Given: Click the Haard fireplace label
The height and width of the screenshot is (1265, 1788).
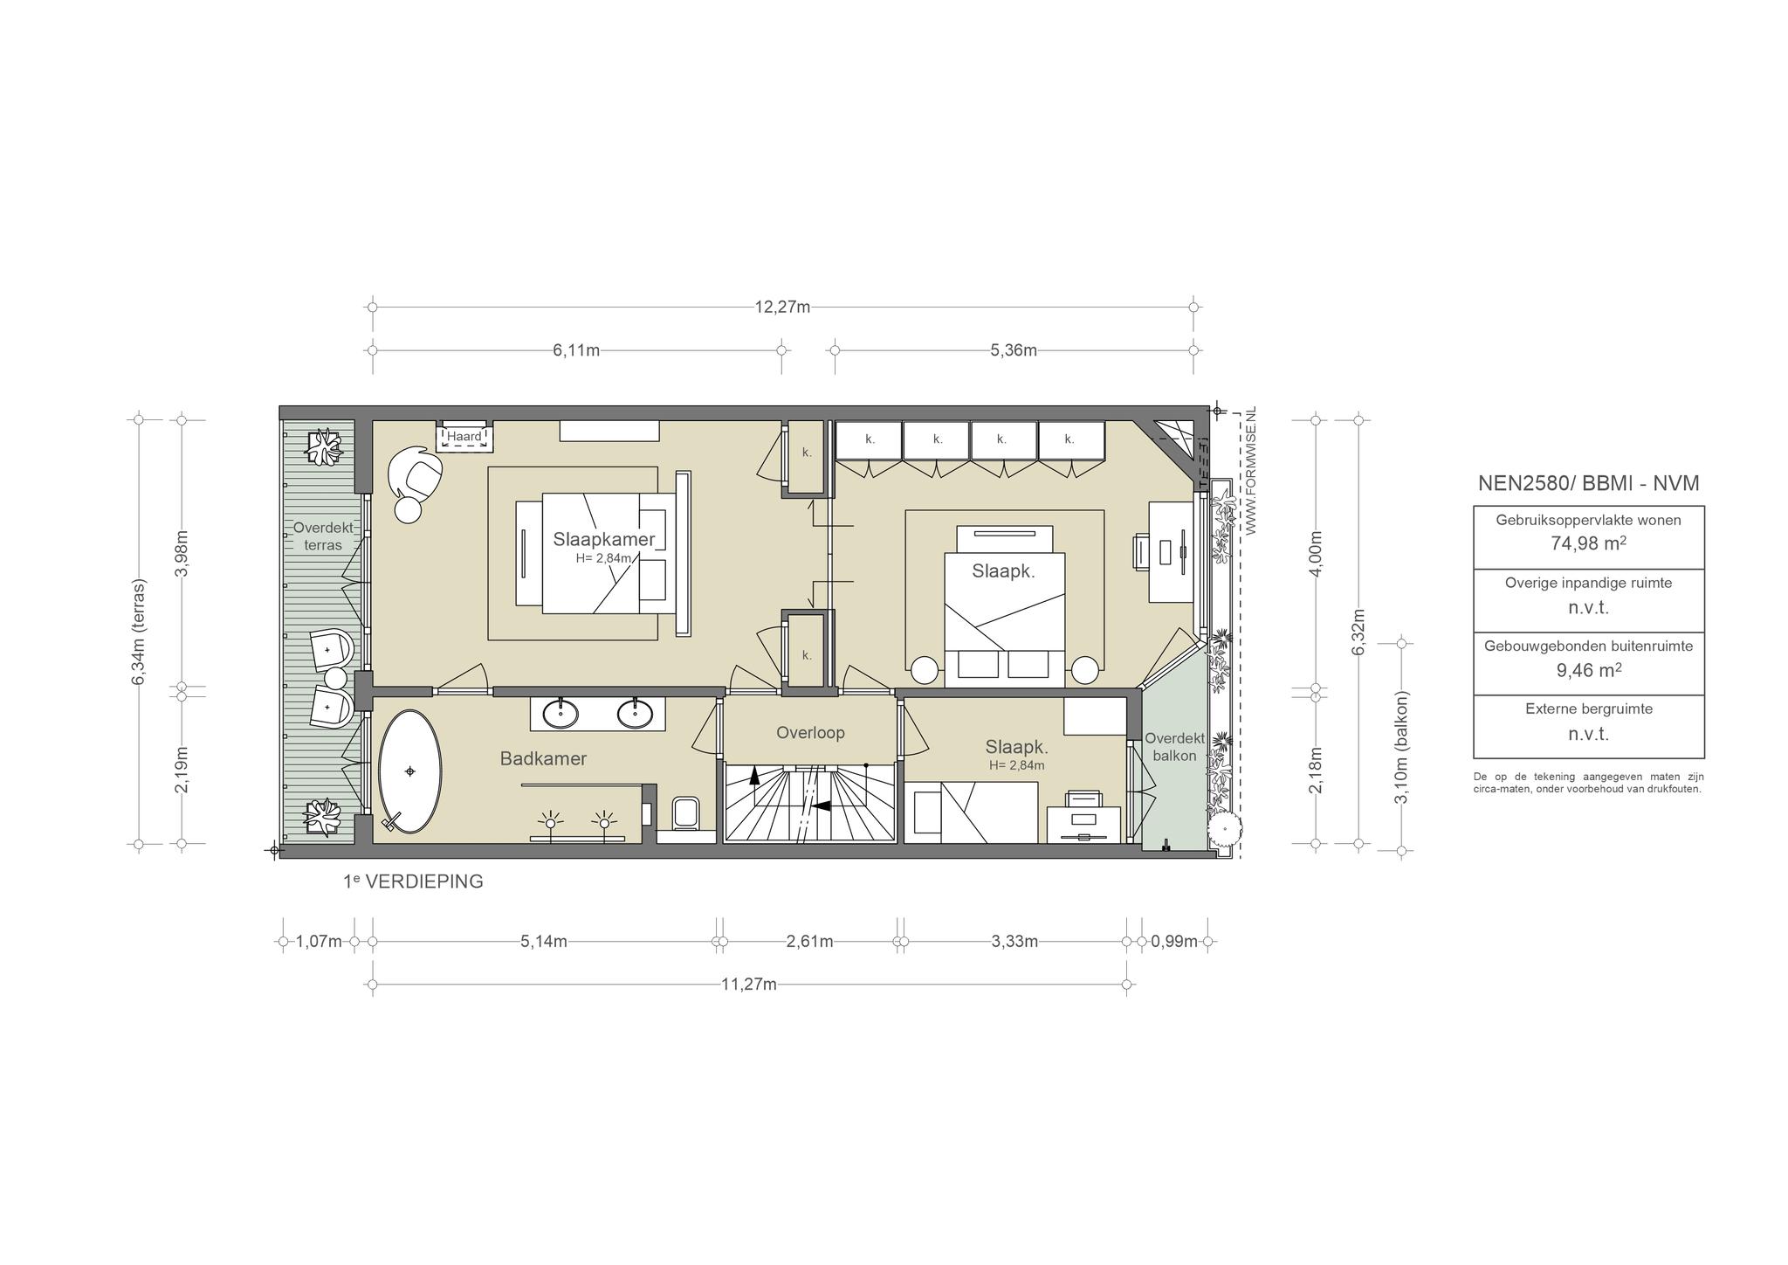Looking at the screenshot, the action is [464, 436].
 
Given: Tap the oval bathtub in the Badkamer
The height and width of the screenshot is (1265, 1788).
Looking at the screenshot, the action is [409, 771].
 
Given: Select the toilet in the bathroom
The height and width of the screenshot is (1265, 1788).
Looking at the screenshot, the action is [686, 812].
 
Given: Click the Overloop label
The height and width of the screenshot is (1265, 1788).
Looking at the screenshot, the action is [810, 733].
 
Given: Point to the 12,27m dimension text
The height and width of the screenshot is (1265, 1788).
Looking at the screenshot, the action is [782, 307].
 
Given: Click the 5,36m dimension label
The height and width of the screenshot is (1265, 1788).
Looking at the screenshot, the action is [1014, 350].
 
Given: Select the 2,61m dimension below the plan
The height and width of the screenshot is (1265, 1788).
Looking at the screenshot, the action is [809, 941].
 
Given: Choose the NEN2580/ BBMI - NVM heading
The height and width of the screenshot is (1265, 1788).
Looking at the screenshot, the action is [1588, 483].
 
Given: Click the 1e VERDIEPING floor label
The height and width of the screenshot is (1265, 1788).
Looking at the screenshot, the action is [413, 881].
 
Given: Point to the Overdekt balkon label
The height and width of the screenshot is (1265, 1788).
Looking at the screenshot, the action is [1174, 747].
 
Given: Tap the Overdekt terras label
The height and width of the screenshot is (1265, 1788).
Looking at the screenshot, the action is [323, 536].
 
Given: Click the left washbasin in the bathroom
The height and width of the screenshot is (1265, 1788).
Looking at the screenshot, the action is [560, 714].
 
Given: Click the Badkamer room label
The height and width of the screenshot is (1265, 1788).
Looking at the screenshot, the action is [543, 759].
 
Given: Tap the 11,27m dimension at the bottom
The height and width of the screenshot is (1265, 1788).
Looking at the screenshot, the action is [749, 985].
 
